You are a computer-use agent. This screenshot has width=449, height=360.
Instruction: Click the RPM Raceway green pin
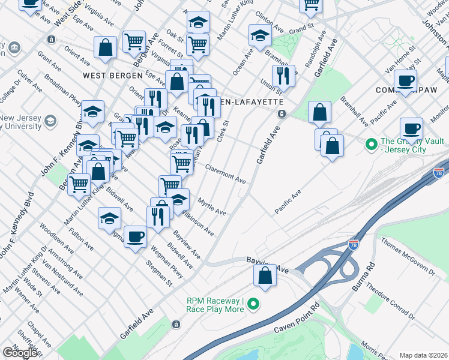tap(253, 304)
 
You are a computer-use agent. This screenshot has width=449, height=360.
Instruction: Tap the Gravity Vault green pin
tap(371, 144)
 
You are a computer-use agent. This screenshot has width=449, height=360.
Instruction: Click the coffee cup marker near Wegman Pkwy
tap(135, 236)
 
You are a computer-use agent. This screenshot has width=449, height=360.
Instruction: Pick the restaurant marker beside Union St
tap(282, 76)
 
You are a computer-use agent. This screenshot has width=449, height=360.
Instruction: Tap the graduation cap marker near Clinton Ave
tap(259, 35)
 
